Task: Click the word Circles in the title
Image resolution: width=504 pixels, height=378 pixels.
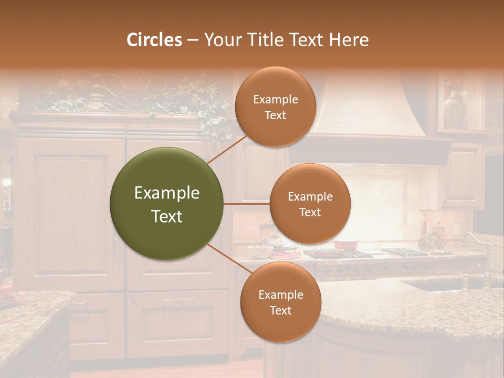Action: pyautogui.click(x=154, y=40)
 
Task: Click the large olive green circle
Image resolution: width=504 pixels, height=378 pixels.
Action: pyautogui.click(x=167, y=204)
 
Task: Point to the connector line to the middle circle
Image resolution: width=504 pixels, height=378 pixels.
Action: pyautogui.click(x=246, y=204)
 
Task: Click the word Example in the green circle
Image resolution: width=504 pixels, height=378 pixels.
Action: pyautogui.click(x=167, y=193)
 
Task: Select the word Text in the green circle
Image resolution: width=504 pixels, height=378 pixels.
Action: pyautogui.click(x=167, y=216)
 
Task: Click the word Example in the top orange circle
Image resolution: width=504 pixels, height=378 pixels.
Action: pyautogui.click(x=276, y=100)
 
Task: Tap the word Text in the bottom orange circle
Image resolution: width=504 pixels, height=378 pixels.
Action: pyautogui.click(x=280, y=310)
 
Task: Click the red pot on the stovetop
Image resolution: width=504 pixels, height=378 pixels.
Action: pyautogui.click(x=346, y=245)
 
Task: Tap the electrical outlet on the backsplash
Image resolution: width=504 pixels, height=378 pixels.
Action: pyautogui.click(x=457, y=230)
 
